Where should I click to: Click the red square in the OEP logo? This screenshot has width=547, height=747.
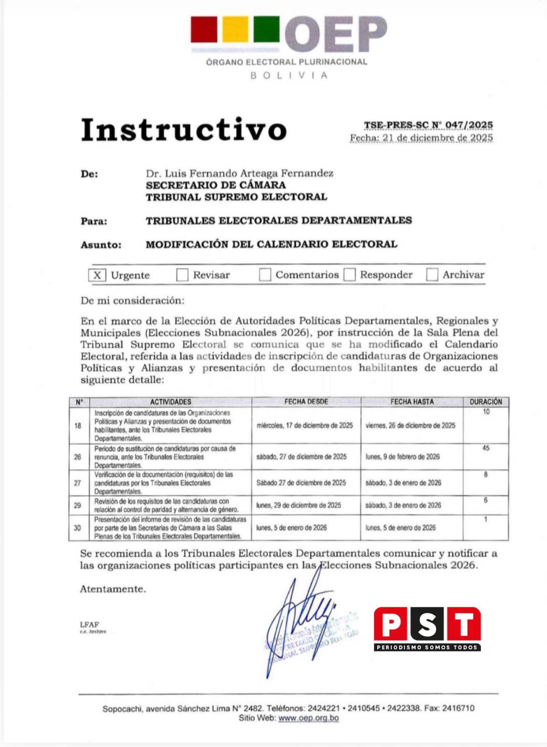pyautogui.click(x=204, y=29)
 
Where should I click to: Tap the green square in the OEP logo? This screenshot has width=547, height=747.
pyautogui.click(x=266, y=29)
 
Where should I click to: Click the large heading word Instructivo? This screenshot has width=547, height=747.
pyautogui.click(x=184, y=130)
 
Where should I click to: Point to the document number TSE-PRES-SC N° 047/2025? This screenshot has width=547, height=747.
pyautogui.click(x=428, y=125)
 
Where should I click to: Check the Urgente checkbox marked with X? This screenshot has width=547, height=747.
pyautogui.click(x=97, y=275)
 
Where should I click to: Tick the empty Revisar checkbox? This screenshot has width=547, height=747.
pyautogui.click(x=182, y=275)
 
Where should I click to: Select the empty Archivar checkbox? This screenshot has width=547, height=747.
pyautogui.click(x=432, y=275)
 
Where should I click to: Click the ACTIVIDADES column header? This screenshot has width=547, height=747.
pyautogui.click(x=171, y=402)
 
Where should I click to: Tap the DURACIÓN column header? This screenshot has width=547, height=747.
pyautogui.click(x=486, y=402)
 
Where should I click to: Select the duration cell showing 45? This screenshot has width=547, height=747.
pyautogui.click(x=486, y=448)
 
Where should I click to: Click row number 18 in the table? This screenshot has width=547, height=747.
pyautogui.click(x=78, y=425)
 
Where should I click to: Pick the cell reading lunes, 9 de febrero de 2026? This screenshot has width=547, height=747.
pyautogui.click(x=402, y=457)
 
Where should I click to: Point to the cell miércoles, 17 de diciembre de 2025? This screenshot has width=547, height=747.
pyautogui.click(x=305, y=425)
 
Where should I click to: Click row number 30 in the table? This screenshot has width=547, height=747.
pyautogui.click(x=77, y=528)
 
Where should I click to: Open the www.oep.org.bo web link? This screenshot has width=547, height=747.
pyautogui.click(x=308, y=718)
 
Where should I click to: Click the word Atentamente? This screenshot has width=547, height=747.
pyautogui.click(x=113, y=589)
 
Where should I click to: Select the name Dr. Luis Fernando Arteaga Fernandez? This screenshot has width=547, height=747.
pyautogui.click(x=239, y=173)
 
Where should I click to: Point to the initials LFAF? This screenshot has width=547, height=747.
pyautogui.click(x=89, y=625)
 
